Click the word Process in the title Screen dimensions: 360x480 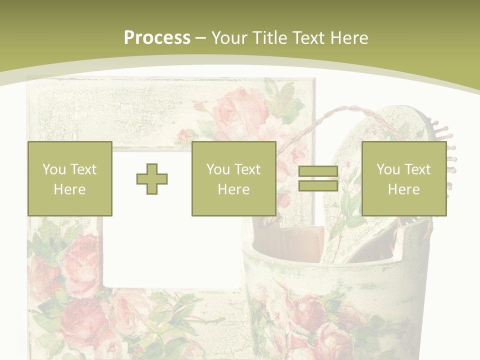click(157, 38)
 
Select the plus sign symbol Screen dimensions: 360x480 click(152, 179)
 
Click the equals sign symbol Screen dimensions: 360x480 click(318, 179)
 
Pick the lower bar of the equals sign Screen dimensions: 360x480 click(318, 185)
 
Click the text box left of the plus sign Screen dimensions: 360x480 click(70, 179)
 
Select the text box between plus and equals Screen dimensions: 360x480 click(234, 179)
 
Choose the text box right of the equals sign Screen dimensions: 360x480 click(404, 179)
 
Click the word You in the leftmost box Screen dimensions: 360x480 click(54, 169)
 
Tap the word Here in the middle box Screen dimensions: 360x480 click(234, 189)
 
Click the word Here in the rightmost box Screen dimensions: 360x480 click(404, 189)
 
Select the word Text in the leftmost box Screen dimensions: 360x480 click(83, 169)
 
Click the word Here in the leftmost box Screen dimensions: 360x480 click(70, 189)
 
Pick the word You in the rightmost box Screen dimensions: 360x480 click(388, 169)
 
